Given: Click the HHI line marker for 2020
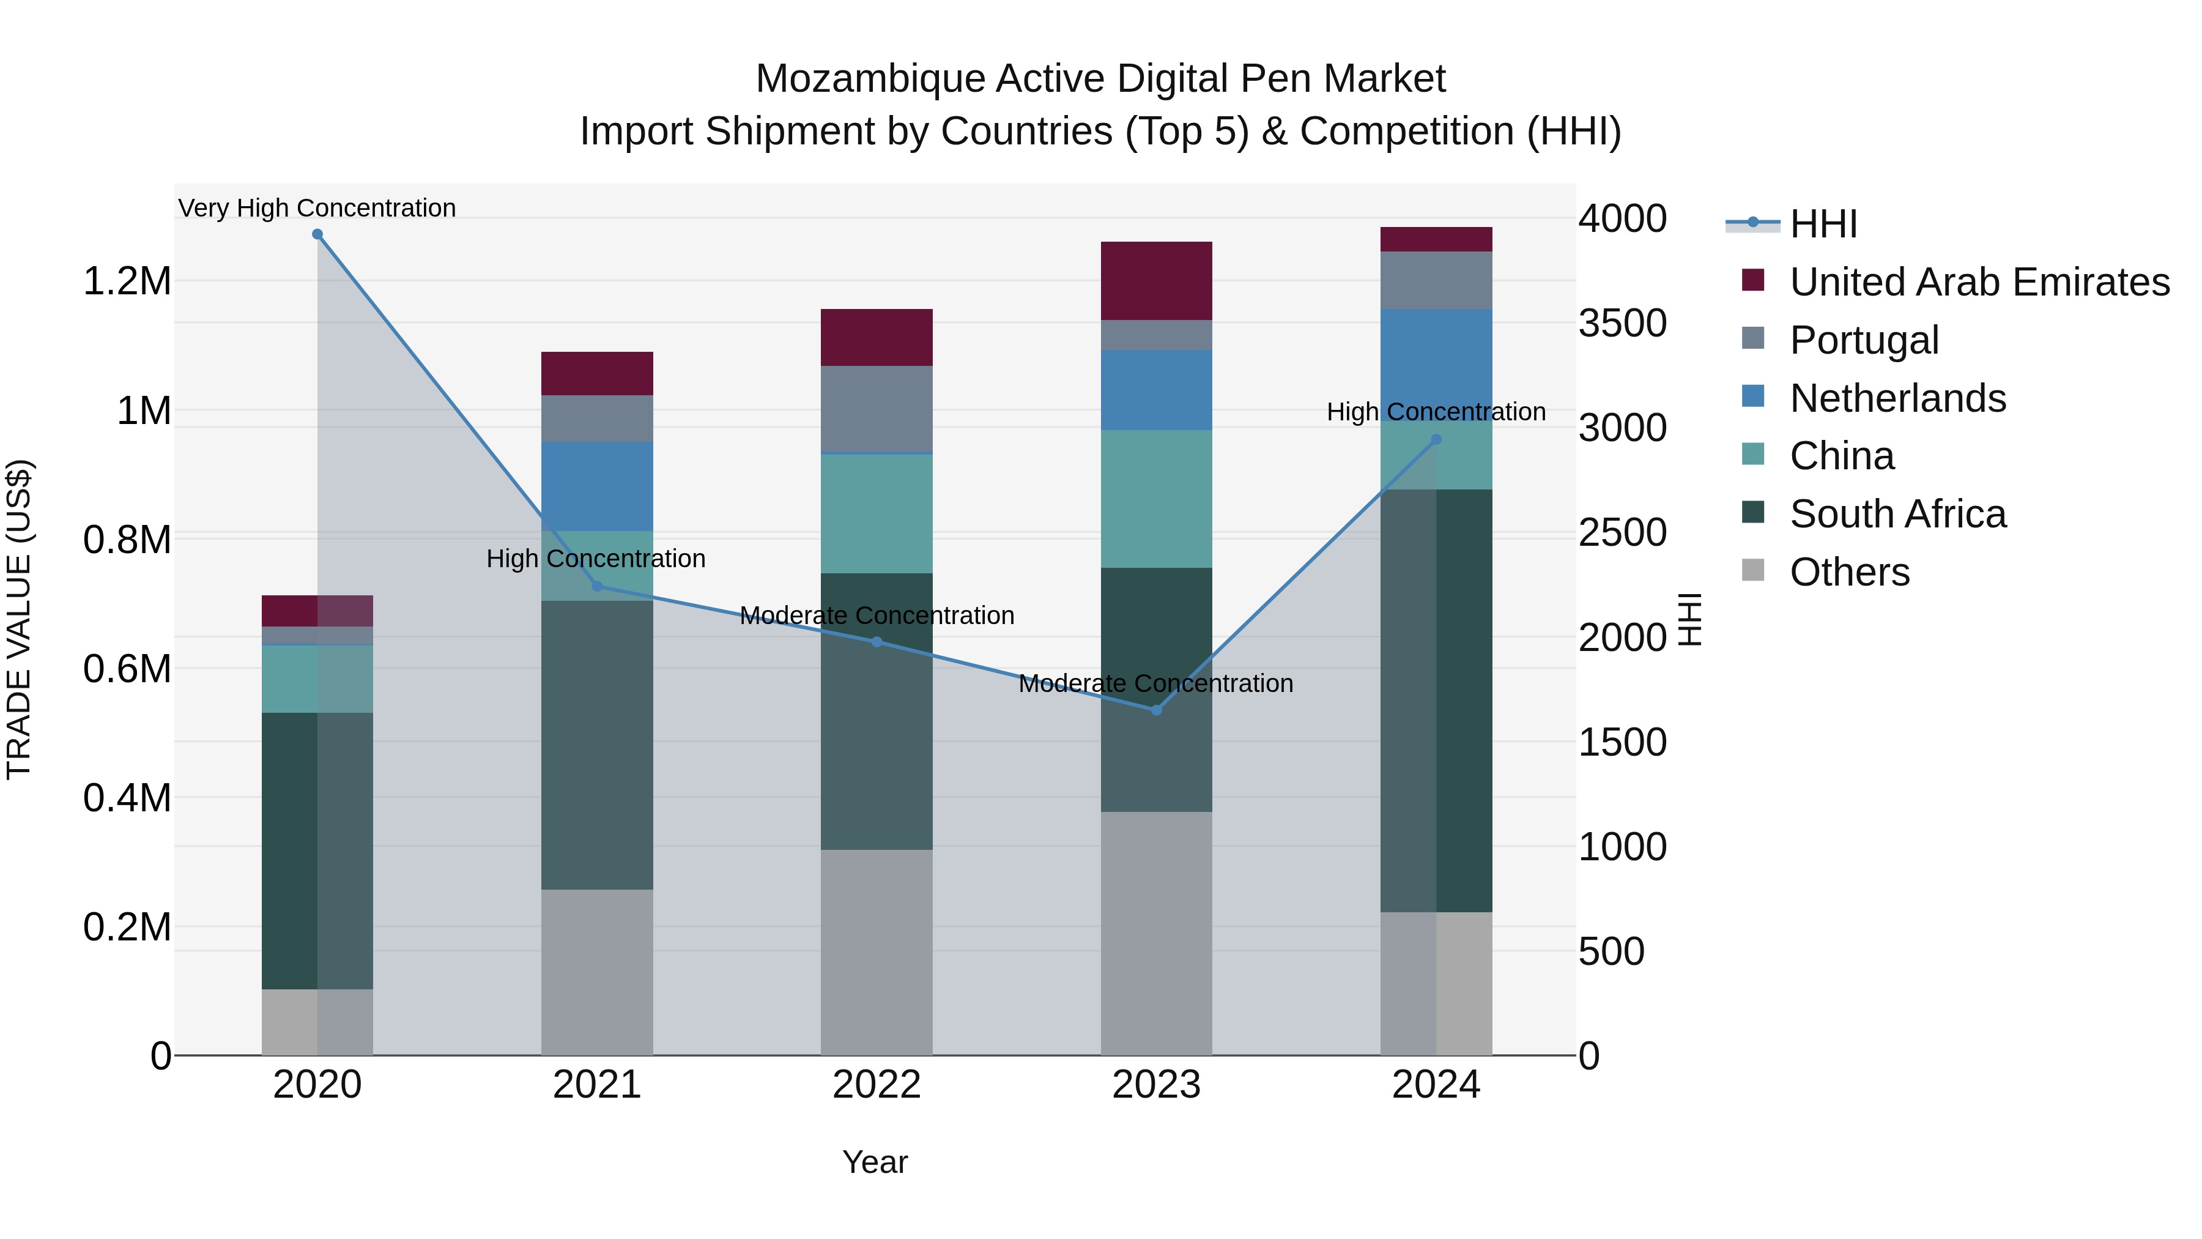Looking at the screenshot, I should click(x=317, y=234).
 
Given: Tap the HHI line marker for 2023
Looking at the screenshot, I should click(x=1157, y=710).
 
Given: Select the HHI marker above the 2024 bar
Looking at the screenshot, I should click(x=1436, y=439).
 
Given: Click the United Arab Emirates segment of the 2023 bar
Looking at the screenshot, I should click(x=1157, y=280).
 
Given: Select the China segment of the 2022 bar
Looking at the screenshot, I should click(x=876, y=513).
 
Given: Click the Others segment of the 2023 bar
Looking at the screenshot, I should click(x=1157, y=932).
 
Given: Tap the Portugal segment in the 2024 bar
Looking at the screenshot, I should click(x=1436, y=280).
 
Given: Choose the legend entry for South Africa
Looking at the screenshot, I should click(x=1897, y=514).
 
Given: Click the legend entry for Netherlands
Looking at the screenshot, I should click(x=1897, y=398).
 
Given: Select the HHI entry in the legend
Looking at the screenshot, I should click(x=1823, y=224).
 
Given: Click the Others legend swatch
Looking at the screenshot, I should click(x=1752, y=570).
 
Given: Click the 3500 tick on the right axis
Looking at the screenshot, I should click(x=1622, y=323).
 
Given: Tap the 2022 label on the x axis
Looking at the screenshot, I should click(x=876, y=1085).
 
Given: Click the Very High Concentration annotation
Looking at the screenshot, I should click(x=317, y=208).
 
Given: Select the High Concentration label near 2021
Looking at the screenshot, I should click(x=596, y=559).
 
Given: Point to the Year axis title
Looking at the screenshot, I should click(x=875, y=1162).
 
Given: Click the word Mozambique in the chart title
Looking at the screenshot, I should click(x=869, y=79).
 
